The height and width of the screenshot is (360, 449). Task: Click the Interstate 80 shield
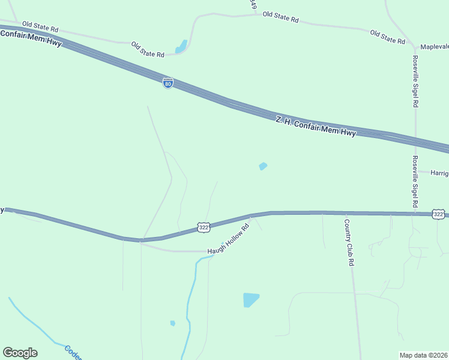click(x=168, y=83)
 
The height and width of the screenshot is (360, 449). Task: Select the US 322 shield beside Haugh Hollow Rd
click(x=203, y=227)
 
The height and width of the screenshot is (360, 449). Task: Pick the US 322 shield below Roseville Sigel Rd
click(x=439, y=214)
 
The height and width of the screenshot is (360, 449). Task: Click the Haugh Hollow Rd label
click(x=228, y=238)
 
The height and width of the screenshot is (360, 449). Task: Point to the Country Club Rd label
click(x=349, y=242)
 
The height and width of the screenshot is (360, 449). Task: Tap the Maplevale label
click(x=434, y=47)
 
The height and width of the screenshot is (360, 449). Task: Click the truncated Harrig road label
click(x=439, y=173)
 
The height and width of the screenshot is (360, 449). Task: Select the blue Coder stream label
click(x=73, y=352)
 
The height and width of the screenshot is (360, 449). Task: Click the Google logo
click(x=20, y=353)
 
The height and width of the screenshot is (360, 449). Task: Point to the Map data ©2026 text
click(x=423, y=355)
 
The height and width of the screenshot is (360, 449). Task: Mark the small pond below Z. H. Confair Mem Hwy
click(x=263, y=166)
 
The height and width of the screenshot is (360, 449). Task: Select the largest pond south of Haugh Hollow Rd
click(x=251, y=299)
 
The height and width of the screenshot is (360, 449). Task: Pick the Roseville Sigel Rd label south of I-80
click(x=414, y=182)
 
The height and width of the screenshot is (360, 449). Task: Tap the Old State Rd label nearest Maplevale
click(x=388, y=37)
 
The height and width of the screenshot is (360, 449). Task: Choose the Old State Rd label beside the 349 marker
click(x=280, y=16)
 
